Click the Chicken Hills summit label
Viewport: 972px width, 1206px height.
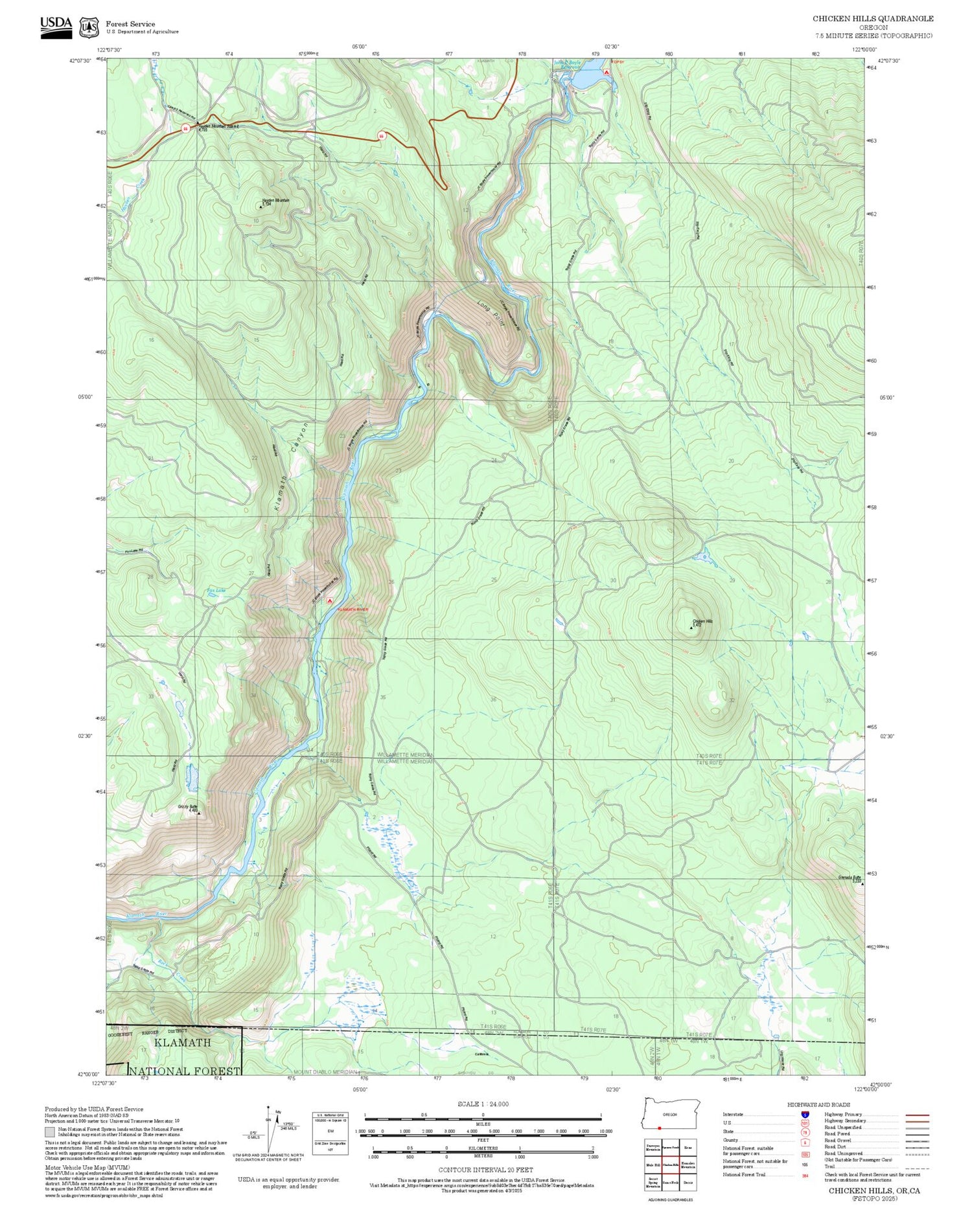point(702,622)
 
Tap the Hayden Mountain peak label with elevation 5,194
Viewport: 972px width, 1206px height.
point(275,201)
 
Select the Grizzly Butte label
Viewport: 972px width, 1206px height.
point(188,807)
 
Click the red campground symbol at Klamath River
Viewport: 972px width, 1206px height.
point(330,601)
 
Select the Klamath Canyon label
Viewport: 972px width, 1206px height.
point(288,467)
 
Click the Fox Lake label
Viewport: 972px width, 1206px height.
point(216,591)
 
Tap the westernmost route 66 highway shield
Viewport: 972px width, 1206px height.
point(185,128)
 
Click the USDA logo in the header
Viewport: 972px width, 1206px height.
point(56,27)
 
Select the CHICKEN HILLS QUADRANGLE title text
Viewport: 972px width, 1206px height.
point(873,19)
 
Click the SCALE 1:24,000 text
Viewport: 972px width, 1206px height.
point(483,1104)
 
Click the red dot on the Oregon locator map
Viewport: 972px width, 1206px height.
point(659,1128)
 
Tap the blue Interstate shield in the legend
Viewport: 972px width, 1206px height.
point(805,1114)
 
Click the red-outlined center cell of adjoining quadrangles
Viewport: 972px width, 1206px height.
point(671,1165)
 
